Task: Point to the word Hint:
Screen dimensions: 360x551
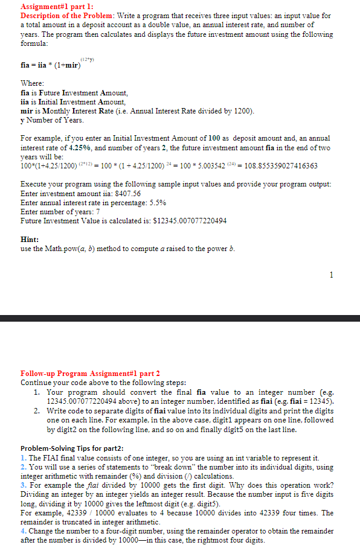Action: (30, 240)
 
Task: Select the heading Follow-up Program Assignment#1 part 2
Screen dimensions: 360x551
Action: (90, 373)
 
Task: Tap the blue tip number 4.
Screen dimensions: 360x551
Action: (22, 530)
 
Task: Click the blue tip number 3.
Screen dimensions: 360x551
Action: (22, 485)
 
